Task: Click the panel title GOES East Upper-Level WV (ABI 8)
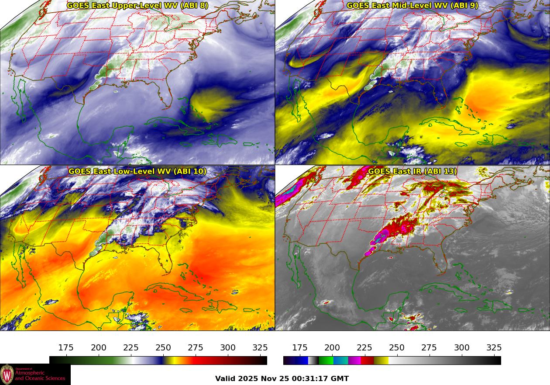[137, 6]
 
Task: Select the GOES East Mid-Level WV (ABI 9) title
[412, 6]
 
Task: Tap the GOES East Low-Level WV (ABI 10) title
[137, 171]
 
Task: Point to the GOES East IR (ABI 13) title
[412, 171]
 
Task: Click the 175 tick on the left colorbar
[66, 348]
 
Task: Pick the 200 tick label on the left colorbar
[98, 348]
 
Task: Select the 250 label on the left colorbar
[163, 348]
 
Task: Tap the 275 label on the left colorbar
[196, 348]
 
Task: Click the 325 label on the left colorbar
[260, 348]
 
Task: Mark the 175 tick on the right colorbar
[300, 348]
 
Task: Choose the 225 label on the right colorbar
[364, 348]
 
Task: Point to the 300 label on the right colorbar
[462, 348]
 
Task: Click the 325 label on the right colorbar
[494, 348]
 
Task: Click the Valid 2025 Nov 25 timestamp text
[282, 378]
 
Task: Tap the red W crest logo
[7, 375]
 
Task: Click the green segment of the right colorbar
[326, 361]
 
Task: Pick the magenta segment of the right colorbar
[354, 361]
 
